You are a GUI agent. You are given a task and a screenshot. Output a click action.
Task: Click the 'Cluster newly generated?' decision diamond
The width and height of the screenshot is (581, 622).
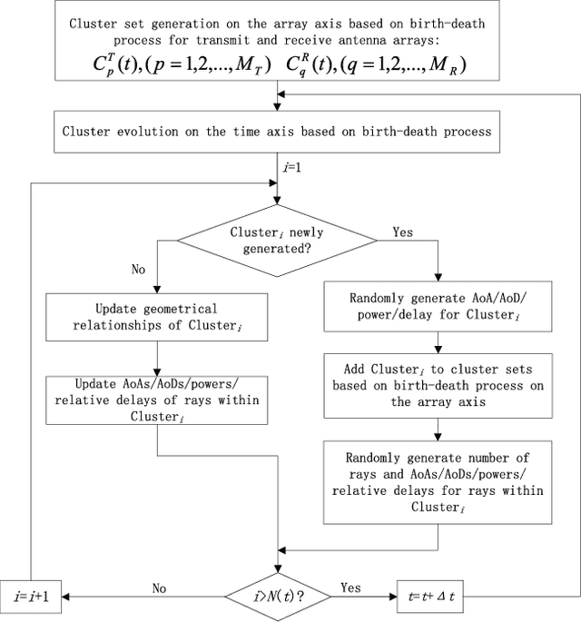click(276, 240)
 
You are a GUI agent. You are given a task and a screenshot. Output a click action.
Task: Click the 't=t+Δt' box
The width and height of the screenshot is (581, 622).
click(433, 598)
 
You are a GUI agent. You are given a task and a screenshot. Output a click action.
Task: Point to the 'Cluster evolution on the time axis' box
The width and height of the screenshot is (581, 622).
click(276, 131)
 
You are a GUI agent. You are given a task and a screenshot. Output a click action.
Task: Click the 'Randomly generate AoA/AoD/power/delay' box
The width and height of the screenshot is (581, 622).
click(439, 306)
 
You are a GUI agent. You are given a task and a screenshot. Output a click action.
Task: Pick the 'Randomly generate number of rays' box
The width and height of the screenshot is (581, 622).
click(439, 482)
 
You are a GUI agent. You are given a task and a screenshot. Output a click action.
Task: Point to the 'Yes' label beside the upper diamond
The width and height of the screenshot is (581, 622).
click(401, 232)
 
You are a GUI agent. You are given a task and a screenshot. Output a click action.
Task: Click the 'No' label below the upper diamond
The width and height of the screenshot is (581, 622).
click(137, 270)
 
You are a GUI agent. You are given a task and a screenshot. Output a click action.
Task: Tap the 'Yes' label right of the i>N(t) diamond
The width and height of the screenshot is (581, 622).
click(350, 588)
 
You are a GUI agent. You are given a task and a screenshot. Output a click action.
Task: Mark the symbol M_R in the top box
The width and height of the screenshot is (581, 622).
click(470, 66)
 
